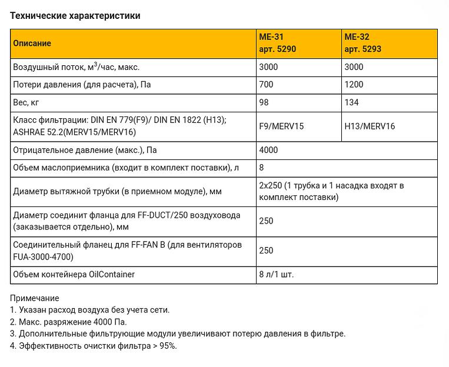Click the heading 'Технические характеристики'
click(75, 16)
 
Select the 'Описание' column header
click(32, 44)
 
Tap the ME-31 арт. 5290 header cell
click(278, 44)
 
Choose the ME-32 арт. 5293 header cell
click(362, 44)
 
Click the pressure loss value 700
click(266, 85)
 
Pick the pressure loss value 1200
click(354, 85)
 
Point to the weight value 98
click(264, 102)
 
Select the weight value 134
click(351, 102)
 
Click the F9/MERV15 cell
click(281, 126)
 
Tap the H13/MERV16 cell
click(370, 126)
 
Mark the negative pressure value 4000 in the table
click(268, 150)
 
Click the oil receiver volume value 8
click(262, 168)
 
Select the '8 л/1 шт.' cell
click(277, 275)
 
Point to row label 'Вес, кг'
click(26, 102)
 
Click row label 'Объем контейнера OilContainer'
click(74, 275)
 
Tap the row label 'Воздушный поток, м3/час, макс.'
click(76, 67)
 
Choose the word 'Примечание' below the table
click(34, 298)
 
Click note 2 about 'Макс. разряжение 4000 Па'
click(68, 322)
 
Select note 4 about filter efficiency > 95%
click(93, 346)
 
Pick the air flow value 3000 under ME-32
click(354, 67)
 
